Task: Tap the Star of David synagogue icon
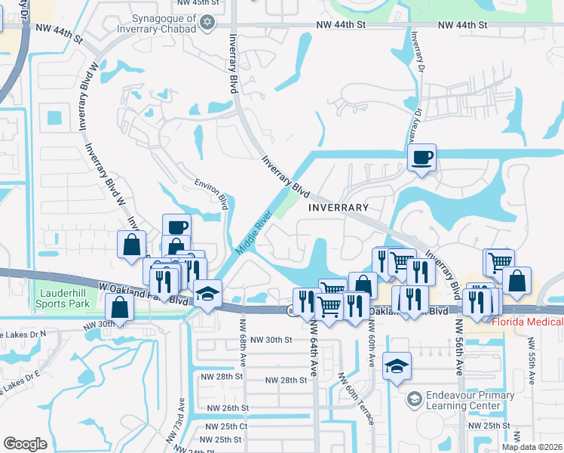[214, 23]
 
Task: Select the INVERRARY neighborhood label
[338, 208]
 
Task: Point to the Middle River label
[253, 235]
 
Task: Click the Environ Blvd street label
[211, 193]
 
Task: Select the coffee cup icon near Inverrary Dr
[422, 159]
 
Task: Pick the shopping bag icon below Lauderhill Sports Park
[119, 307]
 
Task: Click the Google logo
[25, 444]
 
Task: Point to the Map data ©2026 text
[532, 447]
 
